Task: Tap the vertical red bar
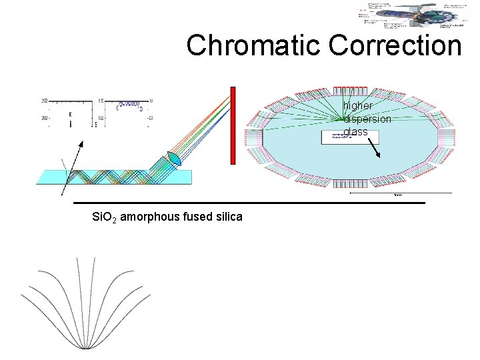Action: click(x=233, y=125)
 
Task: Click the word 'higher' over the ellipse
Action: click(x=359, y=105)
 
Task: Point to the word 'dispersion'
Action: click(x=367, y=119)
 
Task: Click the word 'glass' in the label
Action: click(x=356, y=132)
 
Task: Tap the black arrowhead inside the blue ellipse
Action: click(x=379, y=156)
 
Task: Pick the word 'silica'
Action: click(x=227, y=217)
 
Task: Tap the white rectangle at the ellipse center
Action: click(x=350, y=137)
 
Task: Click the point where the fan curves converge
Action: click(x=87, y=347)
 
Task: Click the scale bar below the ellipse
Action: click(x=396, y=193)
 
